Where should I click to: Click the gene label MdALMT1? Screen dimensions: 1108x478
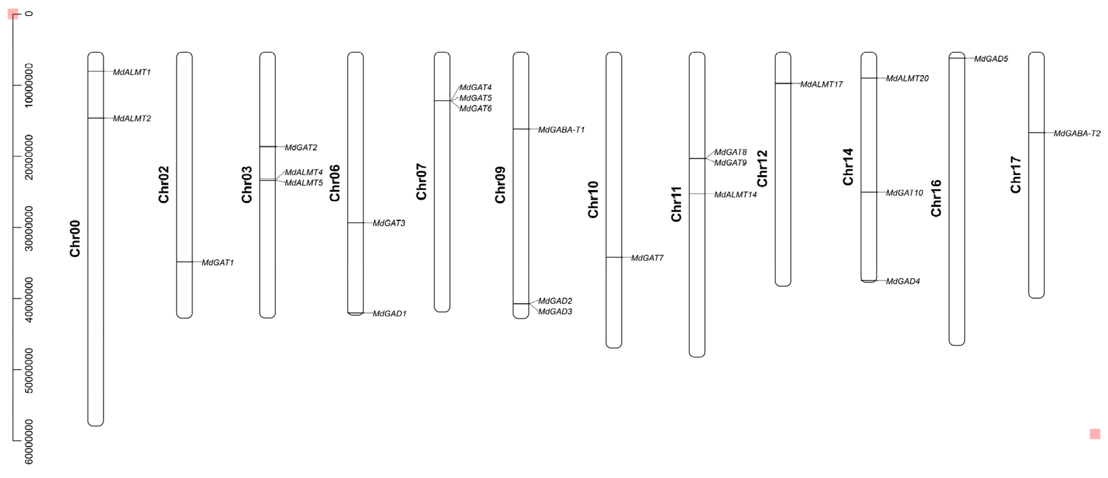click(x=132, y=72)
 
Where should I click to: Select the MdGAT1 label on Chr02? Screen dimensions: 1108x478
click(x=218, y=263)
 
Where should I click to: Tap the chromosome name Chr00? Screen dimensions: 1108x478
click(x=75, y=239)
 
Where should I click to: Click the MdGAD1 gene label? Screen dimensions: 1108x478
click(x=389, y=314)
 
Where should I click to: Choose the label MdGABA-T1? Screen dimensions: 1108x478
click(x=561, y=130)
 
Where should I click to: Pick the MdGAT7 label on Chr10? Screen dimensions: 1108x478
click(x=647, y=258)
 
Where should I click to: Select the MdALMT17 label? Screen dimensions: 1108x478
click(x=821, y=84)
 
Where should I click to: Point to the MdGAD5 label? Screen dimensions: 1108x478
click(x=991, y=59)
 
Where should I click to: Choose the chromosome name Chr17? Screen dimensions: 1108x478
click(x=1016, y=175)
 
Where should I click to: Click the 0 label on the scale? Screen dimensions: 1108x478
click(x=29, y=14)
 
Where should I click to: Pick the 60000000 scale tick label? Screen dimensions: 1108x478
click(x=29, y=442)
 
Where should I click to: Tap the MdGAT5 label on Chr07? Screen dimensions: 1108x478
click(x=475, y=98)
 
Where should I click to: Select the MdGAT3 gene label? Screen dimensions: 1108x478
click(x=389, y=223)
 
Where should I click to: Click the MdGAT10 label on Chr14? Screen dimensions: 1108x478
click(x=904, y=193)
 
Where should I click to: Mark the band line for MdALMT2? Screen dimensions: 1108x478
click(x=95, y=118)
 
